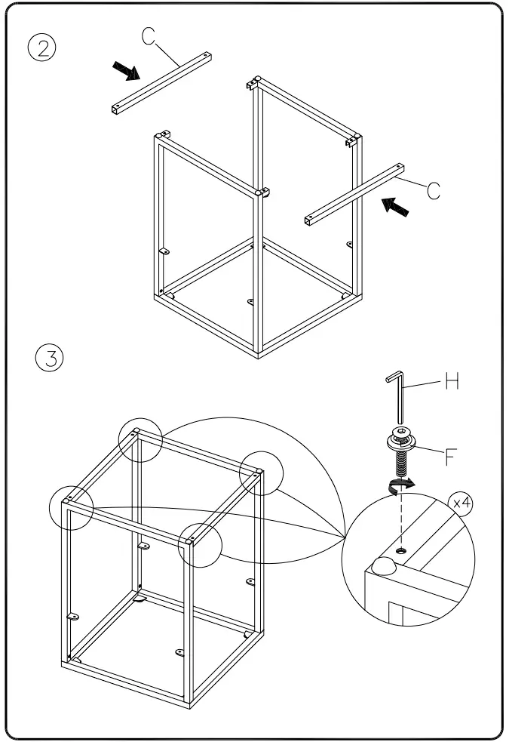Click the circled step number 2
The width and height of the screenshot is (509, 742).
pos(43,48)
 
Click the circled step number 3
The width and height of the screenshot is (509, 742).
pos(51,357)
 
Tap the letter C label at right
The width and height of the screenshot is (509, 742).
pos(434,190)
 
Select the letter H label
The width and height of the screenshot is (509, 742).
pos(452,382)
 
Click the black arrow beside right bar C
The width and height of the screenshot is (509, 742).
pos(396,205)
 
